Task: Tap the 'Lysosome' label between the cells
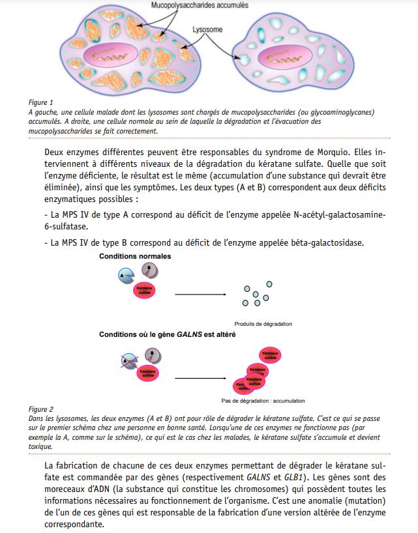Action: [208, 30]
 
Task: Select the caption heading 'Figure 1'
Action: [41, 102]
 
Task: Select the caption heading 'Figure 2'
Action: [41, 409]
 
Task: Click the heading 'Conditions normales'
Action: [135, 257]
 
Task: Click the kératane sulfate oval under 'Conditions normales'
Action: [145, 291]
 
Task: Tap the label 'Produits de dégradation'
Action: [263, 324]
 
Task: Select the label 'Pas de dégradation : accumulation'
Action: [263, 400]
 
